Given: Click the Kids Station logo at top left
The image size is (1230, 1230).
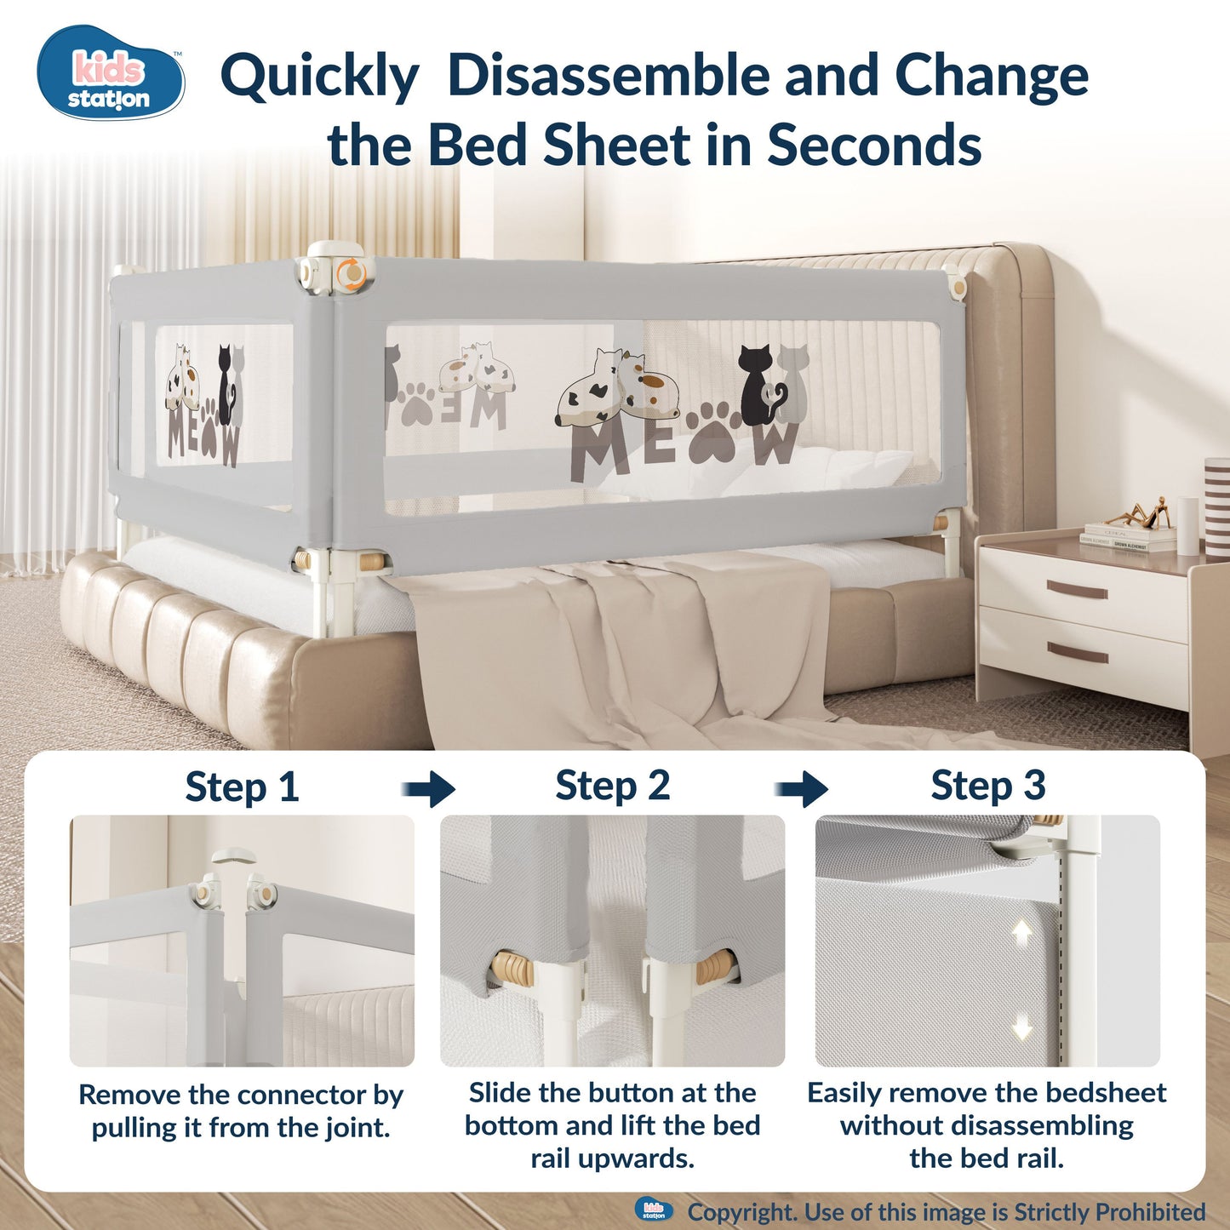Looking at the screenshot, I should [111, 73].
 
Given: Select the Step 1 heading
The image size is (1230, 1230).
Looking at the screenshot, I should [242, 787].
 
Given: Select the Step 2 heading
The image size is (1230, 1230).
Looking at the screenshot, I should [612, 786].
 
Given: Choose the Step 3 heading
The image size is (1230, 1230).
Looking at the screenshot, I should [987, 786].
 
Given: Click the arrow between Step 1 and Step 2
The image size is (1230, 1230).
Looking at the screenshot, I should [430, 788].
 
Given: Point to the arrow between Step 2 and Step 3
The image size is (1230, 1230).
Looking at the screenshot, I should [802, 788].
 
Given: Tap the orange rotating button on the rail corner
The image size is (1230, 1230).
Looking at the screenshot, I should [351, 273].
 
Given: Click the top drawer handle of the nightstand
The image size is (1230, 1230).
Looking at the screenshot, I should [1077, 588].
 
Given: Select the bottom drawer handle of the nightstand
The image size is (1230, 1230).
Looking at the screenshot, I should [1077, 654].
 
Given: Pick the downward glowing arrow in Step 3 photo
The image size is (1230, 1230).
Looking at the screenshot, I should [1022, 1027].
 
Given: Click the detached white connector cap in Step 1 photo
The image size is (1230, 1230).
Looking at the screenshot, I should [231, 855].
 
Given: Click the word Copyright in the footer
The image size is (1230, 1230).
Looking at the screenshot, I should [741, 1211].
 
